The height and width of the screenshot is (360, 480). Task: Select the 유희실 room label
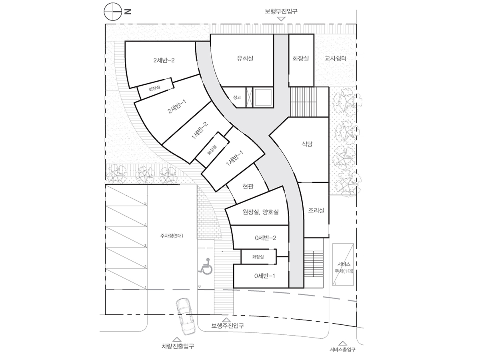click(245, 58)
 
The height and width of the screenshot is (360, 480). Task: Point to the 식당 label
click(307, 144)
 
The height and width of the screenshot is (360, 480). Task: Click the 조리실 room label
click(316, 210)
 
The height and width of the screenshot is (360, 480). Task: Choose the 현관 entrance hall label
click(248, 186)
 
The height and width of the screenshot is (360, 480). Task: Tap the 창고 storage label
click(237, 98)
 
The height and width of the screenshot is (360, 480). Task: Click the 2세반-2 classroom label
click(164, 60)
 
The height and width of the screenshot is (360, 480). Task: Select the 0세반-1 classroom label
click(265, 276)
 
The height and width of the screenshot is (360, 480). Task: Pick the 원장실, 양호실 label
click(260, 212)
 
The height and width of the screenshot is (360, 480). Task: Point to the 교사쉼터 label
click(335, 58)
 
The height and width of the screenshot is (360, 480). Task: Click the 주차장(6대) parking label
click(172, 236)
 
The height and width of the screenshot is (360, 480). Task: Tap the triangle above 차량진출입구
click(177, 340)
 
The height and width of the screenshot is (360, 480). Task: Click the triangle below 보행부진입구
click(281, 19)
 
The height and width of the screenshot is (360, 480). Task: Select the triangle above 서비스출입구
click(343, 343)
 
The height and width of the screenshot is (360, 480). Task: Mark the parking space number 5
click(145, 204)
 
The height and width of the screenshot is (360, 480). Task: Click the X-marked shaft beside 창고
click(249, 97)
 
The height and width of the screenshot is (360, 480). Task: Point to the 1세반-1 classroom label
click(235, 158)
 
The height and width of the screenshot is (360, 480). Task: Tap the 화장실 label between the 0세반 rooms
click(258, 257)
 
